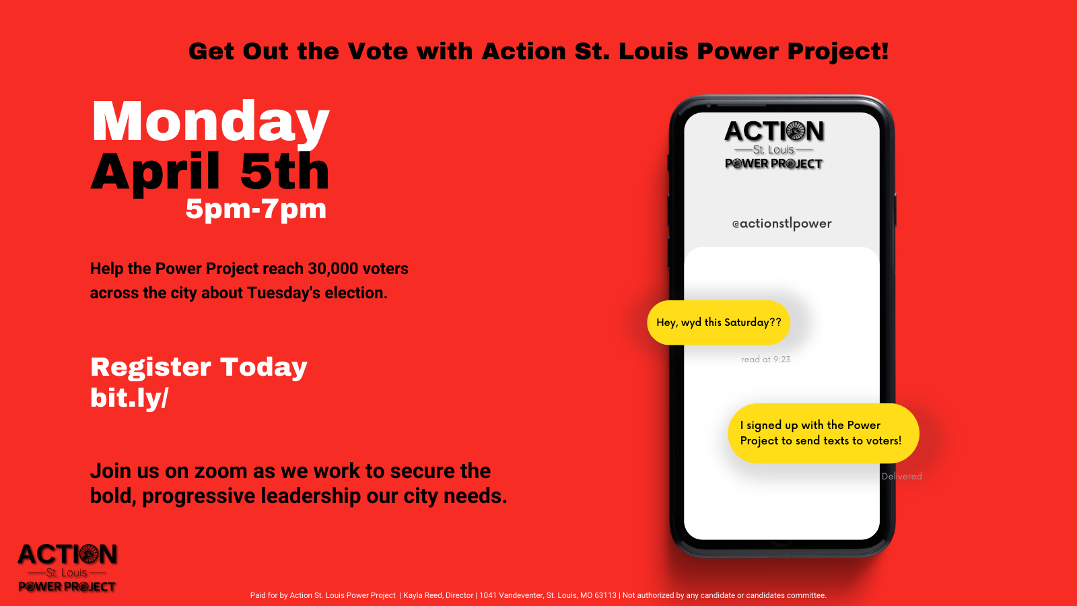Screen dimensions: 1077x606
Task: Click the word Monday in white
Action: pyautogui.click(x=211, y=122)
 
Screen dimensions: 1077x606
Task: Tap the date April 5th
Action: pyautogui.click(x=210, y=172)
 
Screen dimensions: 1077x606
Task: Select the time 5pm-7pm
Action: pyautogui.click(x=256, y=209)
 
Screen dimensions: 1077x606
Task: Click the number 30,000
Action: pyautogui.click(x=333, y=269)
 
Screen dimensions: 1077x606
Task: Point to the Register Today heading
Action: pyautogui.click(x=199, y=368)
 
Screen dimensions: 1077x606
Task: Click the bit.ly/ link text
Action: pyautogui.click(x=129, y=398)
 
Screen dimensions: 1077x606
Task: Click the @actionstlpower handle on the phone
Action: pyautogui.click(x=781, y=224)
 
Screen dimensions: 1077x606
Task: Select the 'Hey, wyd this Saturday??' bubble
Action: pyautogui.click(x=719, y=323)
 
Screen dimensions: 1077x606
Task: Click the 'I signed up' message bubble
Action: pyautogui.click(x=823, y=433)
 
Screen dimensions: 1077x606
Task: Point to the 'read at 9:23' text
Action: pyautogui.click(x=765, y=360)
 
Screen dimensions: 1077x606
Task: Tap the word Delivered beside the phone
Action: pyautogui.click(x=901, y=476)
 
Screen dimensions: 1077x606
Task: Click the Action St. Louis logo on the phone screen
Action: pyautogui.click(x=774, y=145)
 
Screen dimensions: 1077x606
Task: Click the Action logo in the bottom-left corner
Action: pyautogui.click(x=67, y=568)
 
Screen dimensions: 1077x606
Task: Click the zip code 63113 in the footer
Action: pyautogui.click(x=605, y=595)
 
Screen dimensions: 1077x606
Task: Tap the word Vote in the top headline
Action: pyautogui.click(x=378, y=51)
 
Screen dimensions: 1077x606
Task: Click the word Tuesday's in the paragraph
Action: pyautogui.click(x=283, y=293)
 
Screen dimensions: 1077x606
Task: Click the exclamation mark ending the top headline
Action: pyautogui.click(x=884, y=51)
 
